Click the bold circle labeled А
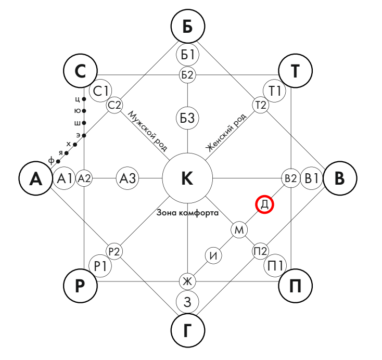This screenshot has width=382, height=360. point(35,178)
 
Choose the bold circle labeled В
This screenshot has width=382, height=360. point(339,178)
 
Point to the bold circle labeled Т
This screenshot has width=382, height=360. point(295,71)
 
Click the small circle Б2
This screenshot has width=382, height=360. point(187,74)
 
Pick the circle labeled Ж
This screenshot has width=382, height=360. point(187,281)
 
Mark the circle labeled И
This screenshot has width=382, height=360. point(213,255)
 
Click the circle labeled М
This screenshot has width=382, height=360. point(239,229)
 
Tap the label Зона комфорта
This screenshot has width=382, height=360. point(186,213)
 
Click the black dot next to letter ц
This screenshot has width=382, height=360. point(84,98)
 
